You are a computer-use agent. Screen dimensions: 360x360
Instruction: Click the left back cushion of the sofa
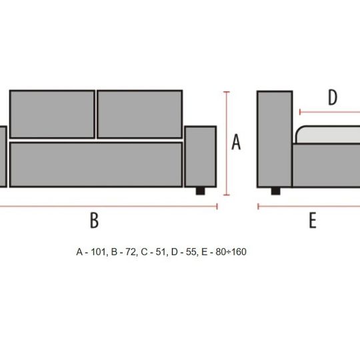tap(53, 115)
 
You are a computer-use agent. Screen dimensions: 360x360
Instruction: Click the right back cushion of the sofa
tap(140, 115)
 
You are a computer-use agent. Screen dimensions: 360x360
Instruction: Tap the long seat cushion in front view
tap(96, 165)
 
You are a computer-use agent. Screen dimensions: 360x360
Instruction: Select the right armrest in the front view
tap(201, 157)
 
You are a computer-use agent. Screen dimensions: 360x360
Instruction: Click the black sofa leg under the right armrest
tap(200, 191)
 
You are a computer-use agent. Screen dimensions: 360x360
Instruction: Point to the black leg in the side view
tap(275, 191)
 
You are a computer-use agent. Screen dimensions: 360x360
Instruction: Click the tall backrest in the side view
tap(275, 139)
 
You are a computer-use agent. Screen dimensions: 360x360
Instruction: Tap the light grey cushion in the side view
tap(328, 135)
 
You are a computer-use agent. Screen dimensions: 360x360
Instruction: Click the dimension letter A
tap(236, 142)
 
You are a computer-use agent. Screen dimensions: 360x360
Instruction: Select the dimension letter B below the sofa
tap(94, 220)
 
